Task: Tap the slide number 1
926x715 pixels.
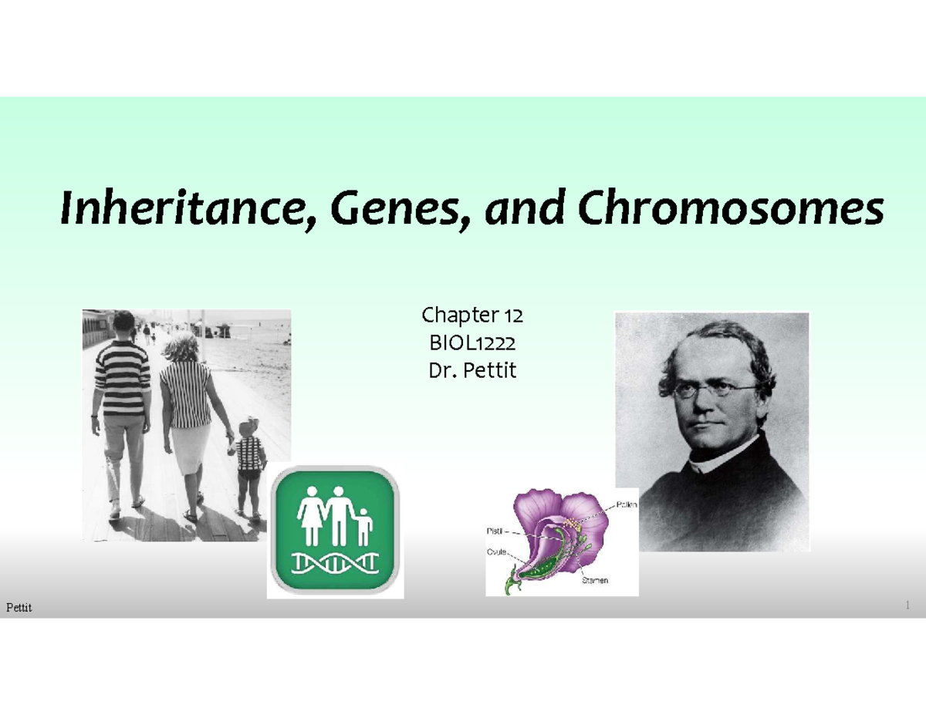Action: click(x=908, y=606)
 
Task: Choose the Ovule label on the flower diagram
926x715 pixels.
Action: click(x=496, y=551)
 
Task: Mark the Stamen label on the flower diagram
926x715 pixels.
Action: click(x=594, y=581)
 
